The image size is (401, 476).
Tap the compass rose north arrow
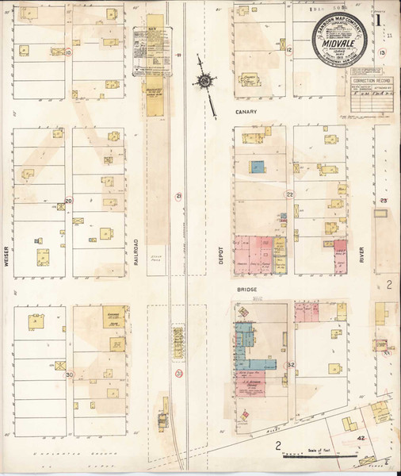pyautogui.click(x=205, y=82)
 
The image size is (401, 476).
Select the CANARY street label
pyautogui.click(x=243, y=113)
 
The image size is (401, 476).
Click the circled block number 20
pyautogui.click(x=68, y=202)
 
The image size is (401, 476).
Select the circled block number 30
pyautogui.click(x=69, y=375)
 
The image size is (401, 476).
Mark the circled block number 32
pyautogui.click(x=290, y=365)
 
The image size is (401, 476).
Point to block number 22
pyautogui.click(x=289, y=194)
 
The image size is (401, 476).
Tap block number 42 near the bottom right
pyautogui.click(x=360, y=437)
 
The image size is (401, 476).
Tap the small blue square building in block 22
pyautogui.click(x=258, y=167)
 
